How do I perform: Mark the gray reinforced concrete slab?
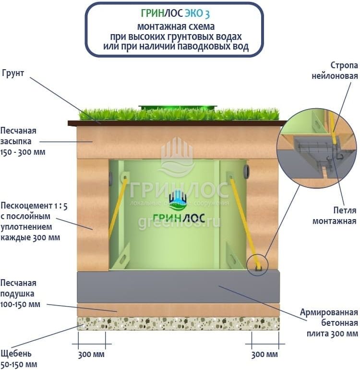[178, 286]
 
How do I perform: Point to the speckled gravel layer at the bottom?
[178, 323]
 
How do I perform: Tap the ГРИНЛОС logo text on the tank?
[179, 218]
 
